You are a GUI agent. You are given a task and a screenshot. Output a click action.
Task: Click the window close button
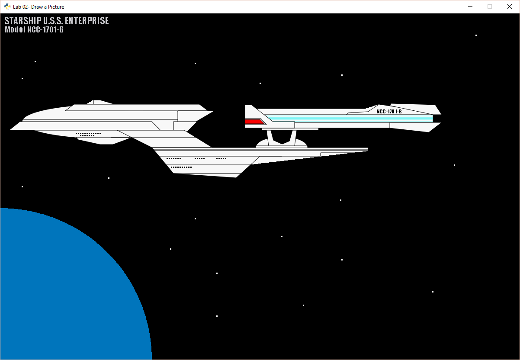point(509,6)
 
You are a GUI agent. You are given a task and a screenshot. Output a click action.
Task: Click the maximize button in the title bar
point(490,6)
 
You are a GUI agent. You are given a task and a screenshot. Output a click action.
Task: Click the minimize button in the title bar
point(470,6)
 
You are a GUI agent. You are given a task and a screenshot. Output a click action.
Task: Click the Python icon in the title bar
point(7,6)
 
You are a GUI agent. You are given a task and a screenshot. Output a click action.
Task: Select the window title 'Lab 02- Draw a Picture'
point(39,7)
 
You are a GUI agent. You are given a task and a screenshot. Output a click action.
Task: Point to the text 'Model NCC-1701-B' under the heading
point(34,30)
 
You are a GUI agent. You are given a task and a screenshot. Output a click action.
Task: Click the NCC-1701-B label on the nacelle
point(389,112)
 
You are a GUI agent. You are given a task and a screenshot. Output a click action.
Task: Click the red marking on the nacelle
point(254,122)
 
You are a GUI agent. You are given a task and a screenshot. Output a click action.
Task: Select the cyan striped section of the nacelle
point(346,118)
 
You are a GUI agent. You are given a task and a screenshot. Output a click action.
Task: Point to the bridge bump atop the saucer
point(98,103)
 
